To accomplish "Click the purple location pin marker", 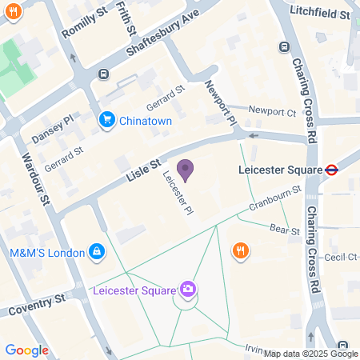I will click(185, 170).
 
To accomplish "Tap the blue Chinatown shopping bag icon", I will click(106, 119).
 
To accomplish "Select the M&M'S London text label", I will click(46, 253).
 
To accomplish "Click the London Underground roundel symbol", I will click(330, 170).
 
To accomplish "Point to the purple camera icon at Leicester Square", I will click(187, 289).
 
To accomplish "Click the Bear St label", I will click(283, 231).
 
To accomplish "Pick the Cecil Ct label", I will click(340, 257).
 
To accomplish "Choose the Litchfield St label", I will click(321, 14).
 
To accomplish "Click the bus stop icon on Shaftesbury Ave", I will click(103, 74).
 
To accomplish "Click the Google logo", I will click(26, 350).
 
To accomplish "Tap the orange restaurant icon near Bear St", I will click(240, 251).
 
